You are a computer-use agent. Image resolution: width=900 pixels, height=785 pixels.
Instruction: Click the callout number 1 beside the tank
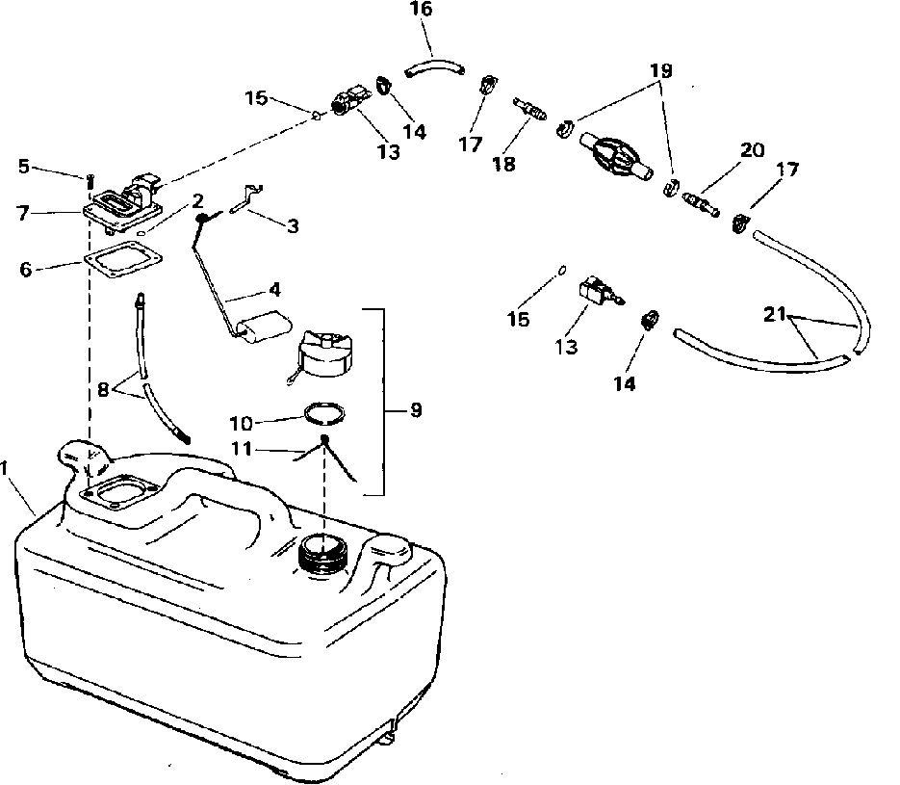[x=7, y=468]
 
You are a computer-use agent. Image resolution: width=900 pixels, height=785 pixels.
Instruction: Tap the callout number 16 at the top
[x=421, y=11]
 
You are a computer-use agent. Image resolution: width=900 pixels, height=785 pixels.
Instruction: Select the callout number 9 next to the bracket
[x=416, y=410]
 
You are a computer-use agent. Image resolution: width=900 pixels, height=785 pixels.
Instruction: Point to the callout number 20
[x=752, y=150]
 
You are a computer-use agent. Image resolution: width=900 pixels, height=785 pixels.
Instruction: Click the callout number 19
[x=660, y=71]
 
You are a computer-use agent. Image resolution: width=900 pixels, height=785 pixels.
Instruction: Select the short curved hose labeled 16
[x=433, y=66]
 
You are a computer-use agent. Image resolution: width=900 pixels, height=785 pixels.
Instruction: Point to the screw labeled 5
[x=90, y=179]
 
